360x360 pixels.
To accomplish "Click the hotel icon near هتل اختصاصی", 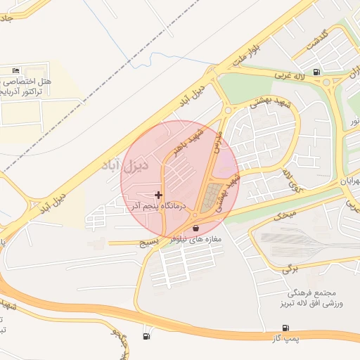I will point(16,71).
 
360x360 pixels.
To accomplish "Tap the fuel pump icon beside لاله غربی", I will point(318,71).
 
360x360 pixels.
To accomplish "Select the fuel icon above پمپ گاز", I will point(285,328).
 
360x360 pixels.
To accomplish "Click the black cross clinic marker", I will point(158,195).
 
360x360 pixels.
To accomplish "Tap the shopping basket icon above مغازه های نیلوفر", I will point(195,228).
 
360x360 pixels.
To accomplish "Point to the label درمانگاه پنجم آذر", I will point(159,206).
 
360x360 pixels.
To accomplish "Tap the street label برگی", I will point(290,268).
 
